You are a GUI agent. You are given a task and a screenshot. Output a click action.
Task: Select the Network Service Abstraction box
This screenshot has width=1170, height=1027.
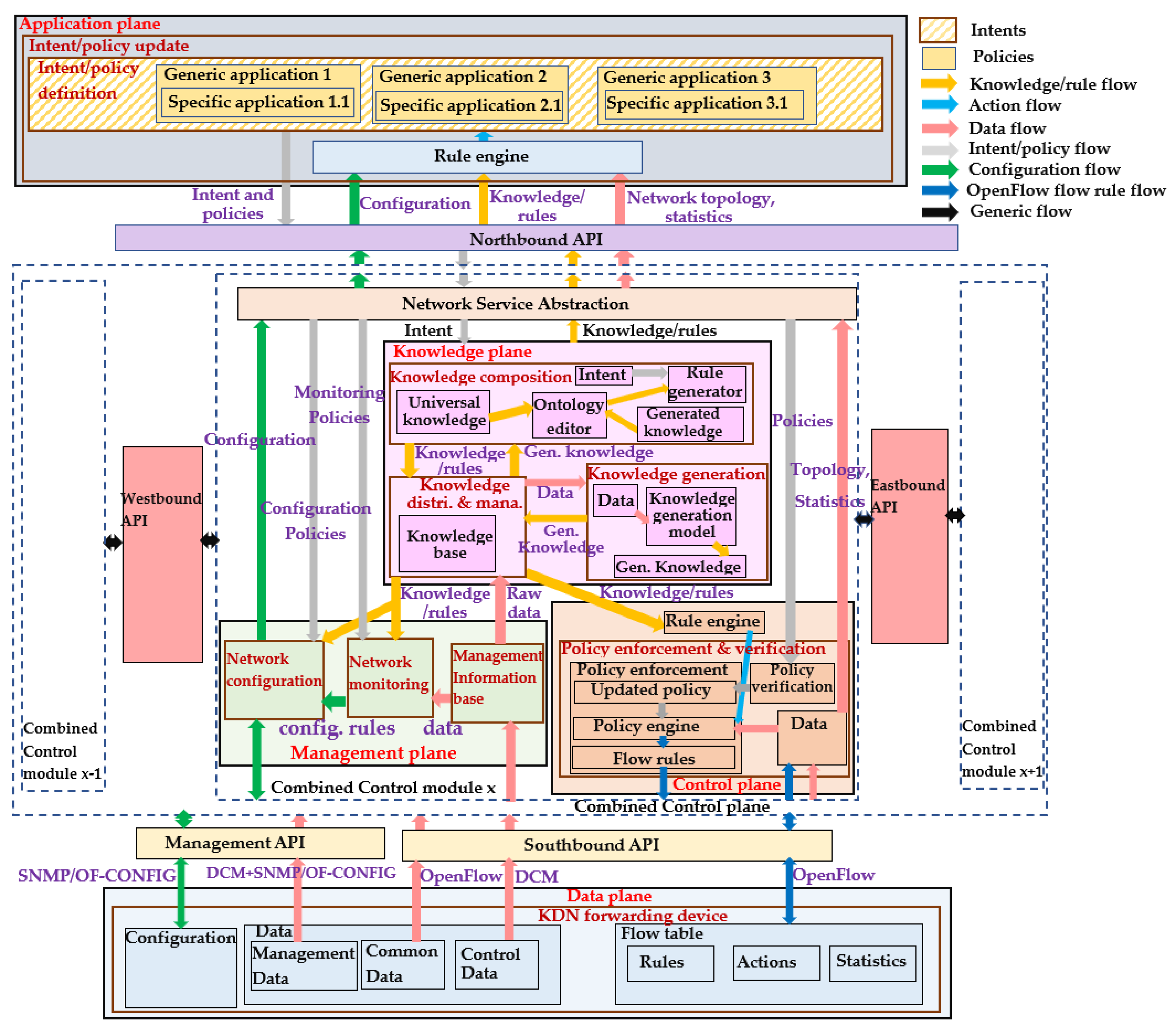pos(547,304)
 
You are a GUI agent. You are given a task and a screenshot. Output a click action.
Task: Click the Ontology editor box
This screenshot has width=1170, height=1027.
pos(569,415)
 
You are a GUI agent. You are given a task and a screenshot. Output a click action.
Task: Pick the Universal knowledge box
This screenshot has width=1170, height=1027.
pos(444,411)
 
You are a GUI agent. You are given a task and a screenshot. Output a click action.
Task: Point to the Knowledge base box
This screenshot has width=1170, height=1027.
pos(447,544)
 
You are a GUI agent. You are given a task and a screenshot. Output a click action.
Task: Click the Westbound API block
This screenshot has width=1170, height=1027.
pos(162,554)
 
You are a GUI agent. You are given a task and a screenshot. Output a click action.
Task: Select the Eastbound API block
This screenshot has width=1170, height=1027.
pos(909,536)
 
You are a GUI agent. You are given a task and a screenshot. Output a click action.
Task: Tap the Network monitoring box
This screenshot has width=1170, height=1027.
pos(390,677)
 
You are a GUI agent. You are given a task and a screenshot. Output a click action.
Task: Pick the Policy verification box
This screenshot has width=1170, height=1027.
pos(792,683)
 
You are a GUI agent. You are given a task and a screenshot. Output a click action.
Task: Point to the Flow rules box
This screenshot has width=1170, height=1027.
pos(653,757)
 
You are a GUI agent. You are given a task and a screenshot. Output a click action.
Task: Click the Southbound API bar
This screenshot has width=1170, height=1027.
pos(617,845)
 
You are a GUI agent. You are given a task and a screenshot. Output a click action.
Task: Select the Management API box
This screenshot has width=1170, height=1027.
pos(261,843)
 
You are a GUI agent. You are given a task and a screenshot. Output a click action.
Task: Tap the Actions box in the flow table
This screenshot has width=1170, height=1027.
pos(776,963)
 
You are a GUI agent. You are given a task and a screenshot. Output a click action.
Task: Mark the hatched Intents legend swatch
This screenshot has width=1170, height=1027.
pos(938,30)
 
